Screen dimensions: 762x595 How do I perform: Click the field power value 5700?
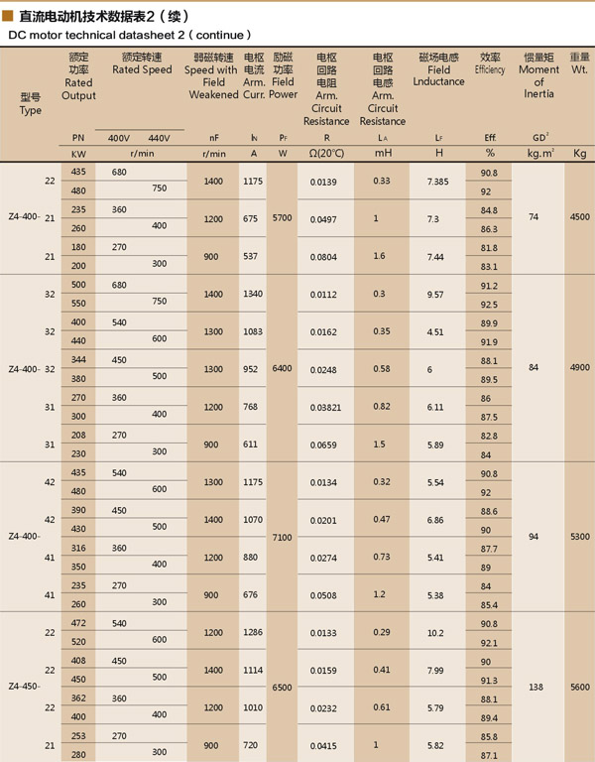point(283,215)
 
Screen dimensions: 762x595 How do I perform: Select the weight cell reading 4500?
point(579,215)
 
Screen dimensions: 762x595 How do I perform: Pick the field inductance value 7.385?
point(437,183)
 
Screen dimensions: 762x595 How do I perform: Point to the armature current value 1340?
point(254,295)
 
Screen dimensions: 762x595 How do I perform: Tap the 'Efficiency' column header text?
point(490,70)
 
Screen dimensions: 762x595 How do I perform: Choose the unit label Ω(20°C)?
point(325,154)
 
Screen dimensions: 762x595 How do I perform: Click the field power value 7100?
point(283,536)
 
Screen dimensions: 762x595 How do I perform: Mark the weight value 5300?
point(579,536)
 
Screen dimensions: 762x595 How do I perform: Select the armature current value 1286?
point(254,632)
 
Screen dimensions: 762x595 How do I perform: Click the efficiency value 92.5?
point(487,305)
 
